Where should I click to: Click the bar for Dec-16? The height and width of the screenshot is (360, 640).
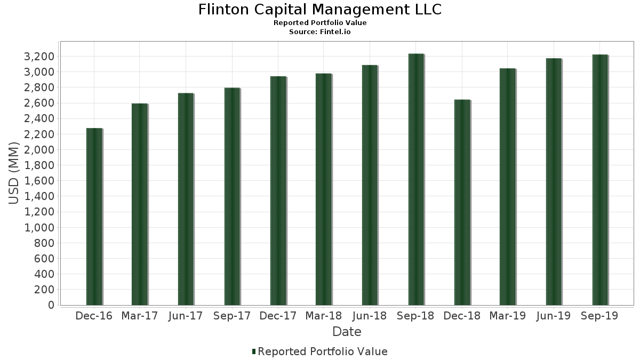tap(94, 217)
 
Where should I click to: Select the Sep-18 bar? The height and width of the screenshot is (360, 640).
tap(416, 179)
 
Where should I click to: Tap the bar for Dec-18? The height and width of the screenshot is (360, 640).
tap(462, 202)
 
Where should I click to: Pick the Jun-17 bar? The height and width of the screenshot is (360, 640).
tap(186, 199)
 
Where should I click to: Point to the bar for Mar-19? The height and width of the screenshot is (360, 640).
tap(508, 187)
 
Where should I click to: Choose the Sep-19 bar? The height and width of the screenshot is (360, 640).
tap(600, 180)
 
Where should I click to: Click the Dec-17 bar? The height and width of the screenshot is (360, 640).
tap(278, 190)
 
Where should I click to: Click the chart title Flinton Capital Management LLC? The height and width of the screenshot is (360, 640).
tap(320, 10)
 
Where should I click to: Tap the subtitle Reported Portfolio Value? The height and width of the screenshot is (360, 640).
tap(320, 23)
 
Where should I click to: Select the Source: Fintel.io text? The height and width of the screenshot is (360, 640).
tap(320, 31)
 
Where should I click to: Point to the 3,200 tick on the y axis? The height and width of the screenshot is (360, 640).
tap(40, 57)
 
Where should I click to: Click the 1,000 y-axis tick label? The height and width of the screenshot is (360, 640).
tap(40, 228)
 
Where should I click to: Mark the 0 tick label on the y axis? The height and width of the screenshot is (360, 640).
tap(51, 305)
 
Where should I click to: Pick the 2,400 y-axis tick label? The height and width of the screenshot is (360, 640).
tap(40, 119)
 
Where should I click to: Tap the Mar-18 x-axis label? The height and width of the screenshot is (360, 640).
tap(324, 316)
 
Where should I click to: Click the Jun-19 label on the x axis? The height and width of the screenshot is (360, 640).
tap(553, 316)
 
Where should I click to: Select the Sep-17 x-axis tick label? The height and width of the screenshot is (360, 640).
tap(231, 316)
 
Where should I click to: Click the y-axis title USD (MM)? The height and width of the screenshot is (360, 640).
tap(14, 173)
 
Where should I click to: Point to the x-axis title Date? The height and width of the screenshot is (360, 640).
tap(347, 332)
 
